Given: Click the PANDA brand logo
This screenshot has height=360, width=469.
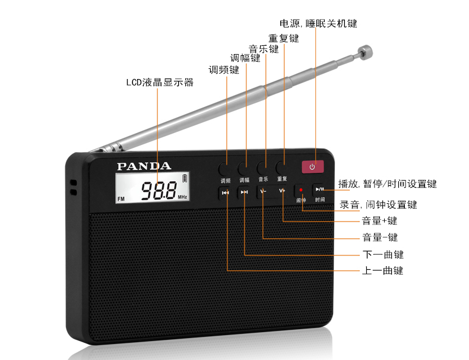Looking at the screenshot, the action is click(x=144, y=166).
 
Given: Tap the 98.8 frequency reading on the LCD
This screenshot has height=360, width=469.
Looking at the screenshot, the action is click(x=159, y=190).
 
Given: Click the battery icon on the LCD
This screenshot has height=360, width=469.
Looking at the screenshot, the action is click(x=185, y=178).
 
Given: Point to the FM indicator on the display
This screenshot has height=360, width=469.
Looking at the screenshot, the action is click(x=121, y=198).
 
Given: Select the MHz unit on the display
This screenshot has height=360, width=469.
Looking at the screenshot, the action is click(x=182, y=197).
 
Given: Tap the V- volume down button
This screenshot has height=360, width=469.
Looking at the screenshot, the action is click(x=264, y=191).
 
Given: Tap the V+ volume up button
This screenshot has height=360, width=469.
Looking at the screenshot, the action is click(x=281, y=191).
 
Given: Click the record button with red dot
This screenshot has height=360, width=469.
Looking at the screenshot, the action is click(x=300, y=190).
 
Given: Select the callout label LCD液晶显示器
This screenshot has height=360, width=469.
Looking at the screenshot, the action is click(x=160, y=83).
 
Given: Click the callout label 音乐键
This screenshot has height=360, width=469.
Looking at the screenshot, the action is click(x=264, y=49).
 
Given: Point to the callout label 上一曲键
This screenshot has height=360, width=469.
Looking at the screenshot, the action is click(x=382, y=270).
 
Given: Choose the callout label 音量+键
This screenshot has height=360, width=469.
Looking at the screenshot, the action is click(x=379, y=221).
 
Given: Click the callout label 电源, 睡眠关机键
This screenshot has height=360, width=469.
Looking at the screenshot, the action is click(x=318, y=23).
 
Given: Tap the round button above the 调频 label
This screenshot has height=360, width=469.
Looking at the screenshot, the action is click(x=224, y=169).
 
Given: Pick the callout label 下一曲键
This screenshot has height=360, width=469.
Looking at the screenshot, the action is click(x=383, y=254).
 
